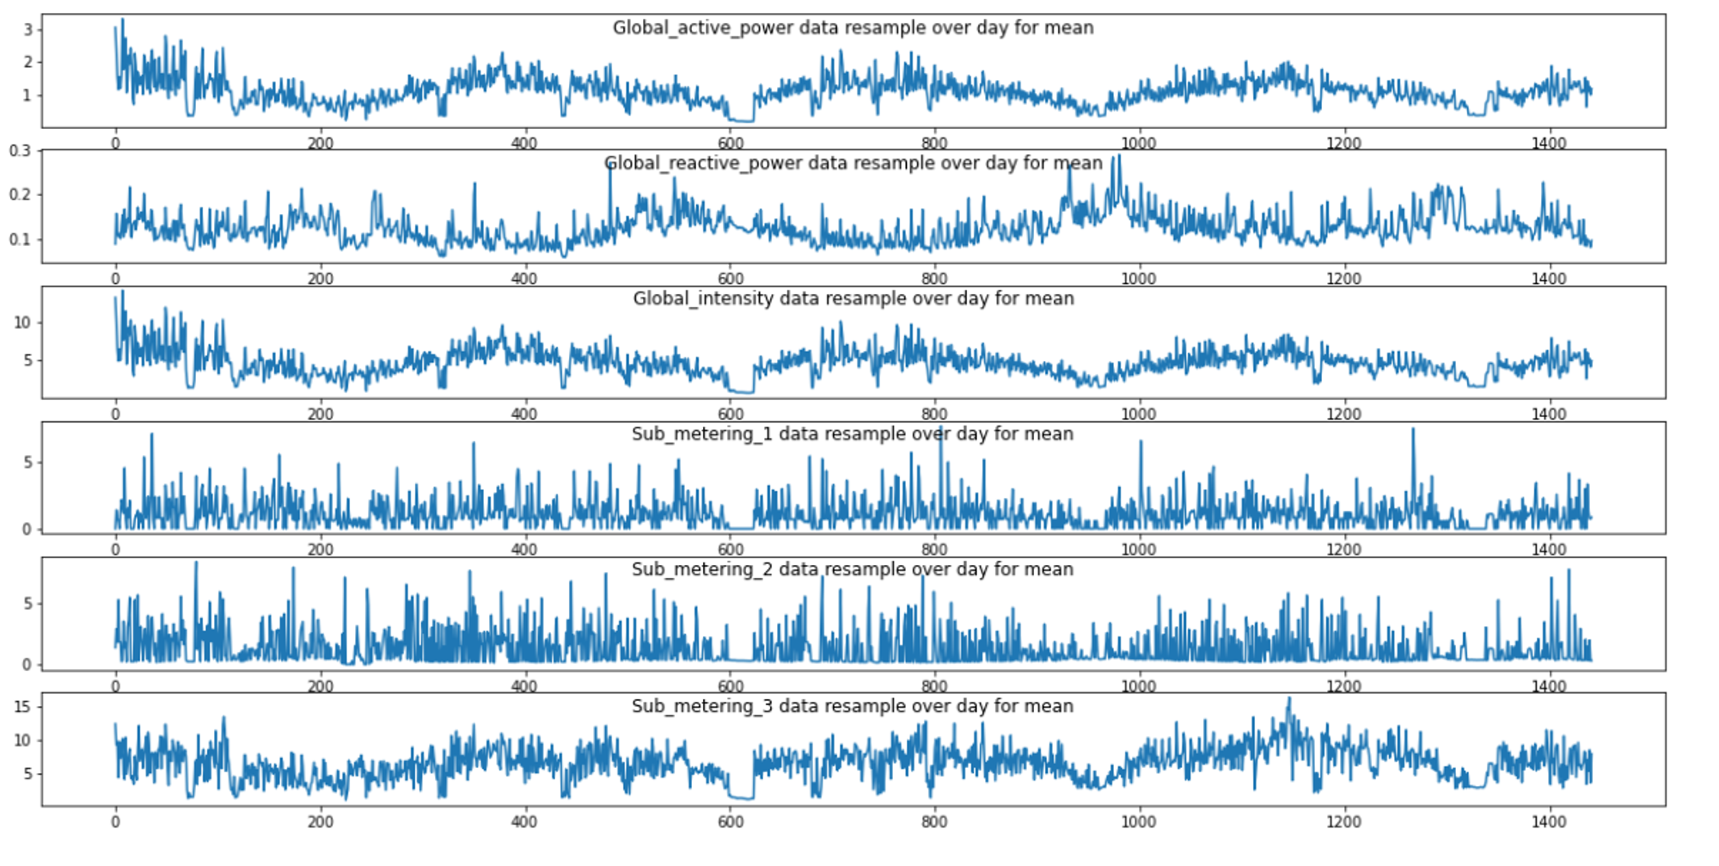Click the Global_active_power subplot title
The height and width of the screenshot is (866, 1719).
coord(853,28)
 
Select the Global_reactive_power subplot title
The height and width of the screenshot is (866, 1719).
coord(853,163)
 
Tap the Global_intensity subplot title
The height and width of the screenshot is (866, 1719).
coord(853,298)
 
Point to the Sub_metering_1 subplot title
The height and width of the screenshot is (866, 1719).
coord(853,434)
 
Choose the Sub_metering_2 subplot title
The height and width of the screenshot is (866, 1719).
coord(853,569)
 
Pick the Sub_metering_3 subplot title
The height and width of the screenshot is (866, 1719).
coord(853,706)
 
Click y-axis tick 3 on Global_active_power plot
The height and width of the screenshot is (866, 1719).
coord(28,30)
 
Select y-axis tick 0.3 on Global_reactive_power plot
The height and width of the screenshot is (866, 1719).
coord(20,150)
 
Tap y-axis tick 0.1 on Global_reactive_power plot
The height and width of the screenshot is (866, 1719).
coord(20,240)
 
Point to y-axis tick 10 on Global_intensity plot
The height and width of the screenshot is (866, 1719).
coord(22,322)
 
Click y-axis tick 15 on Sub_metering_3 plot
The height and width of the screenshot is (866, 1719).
coord(22,707)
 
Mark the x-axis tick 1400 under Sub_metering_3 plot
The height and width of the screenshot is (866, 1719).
coord(1549,822)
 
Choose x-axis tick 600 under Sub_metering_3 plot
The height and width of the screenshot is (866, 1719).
coord(731,822)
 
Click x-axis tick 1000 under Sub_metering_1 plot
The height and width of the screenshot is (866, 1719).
coord(1139,550)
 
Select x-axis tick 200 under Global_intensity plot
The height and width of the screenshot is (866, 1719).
coord(321,414)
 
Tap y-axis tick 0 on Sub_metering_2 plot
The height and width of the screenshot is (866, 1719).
coord(28,665)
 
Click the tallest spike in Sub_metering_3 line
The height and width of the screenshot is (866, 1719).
coord(1289,698)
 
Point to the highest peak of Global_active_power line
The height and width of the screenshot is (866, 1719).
coord(122,19)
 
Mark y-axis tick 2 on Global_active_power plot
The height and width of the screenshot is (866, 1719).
coord(28,62)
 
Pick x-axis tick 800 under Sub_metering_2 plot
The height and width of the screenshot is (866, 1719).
coord(934,686)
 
